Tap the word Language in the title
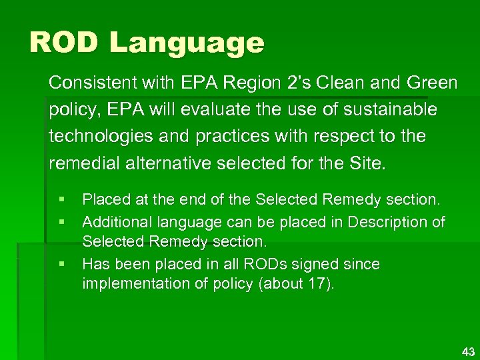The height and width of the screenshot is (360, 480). coord(187,44)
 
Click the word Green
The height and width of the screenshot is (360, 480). coord(430,83)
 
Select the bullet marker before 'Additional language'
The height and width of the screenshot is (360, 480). coord(61,221)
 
